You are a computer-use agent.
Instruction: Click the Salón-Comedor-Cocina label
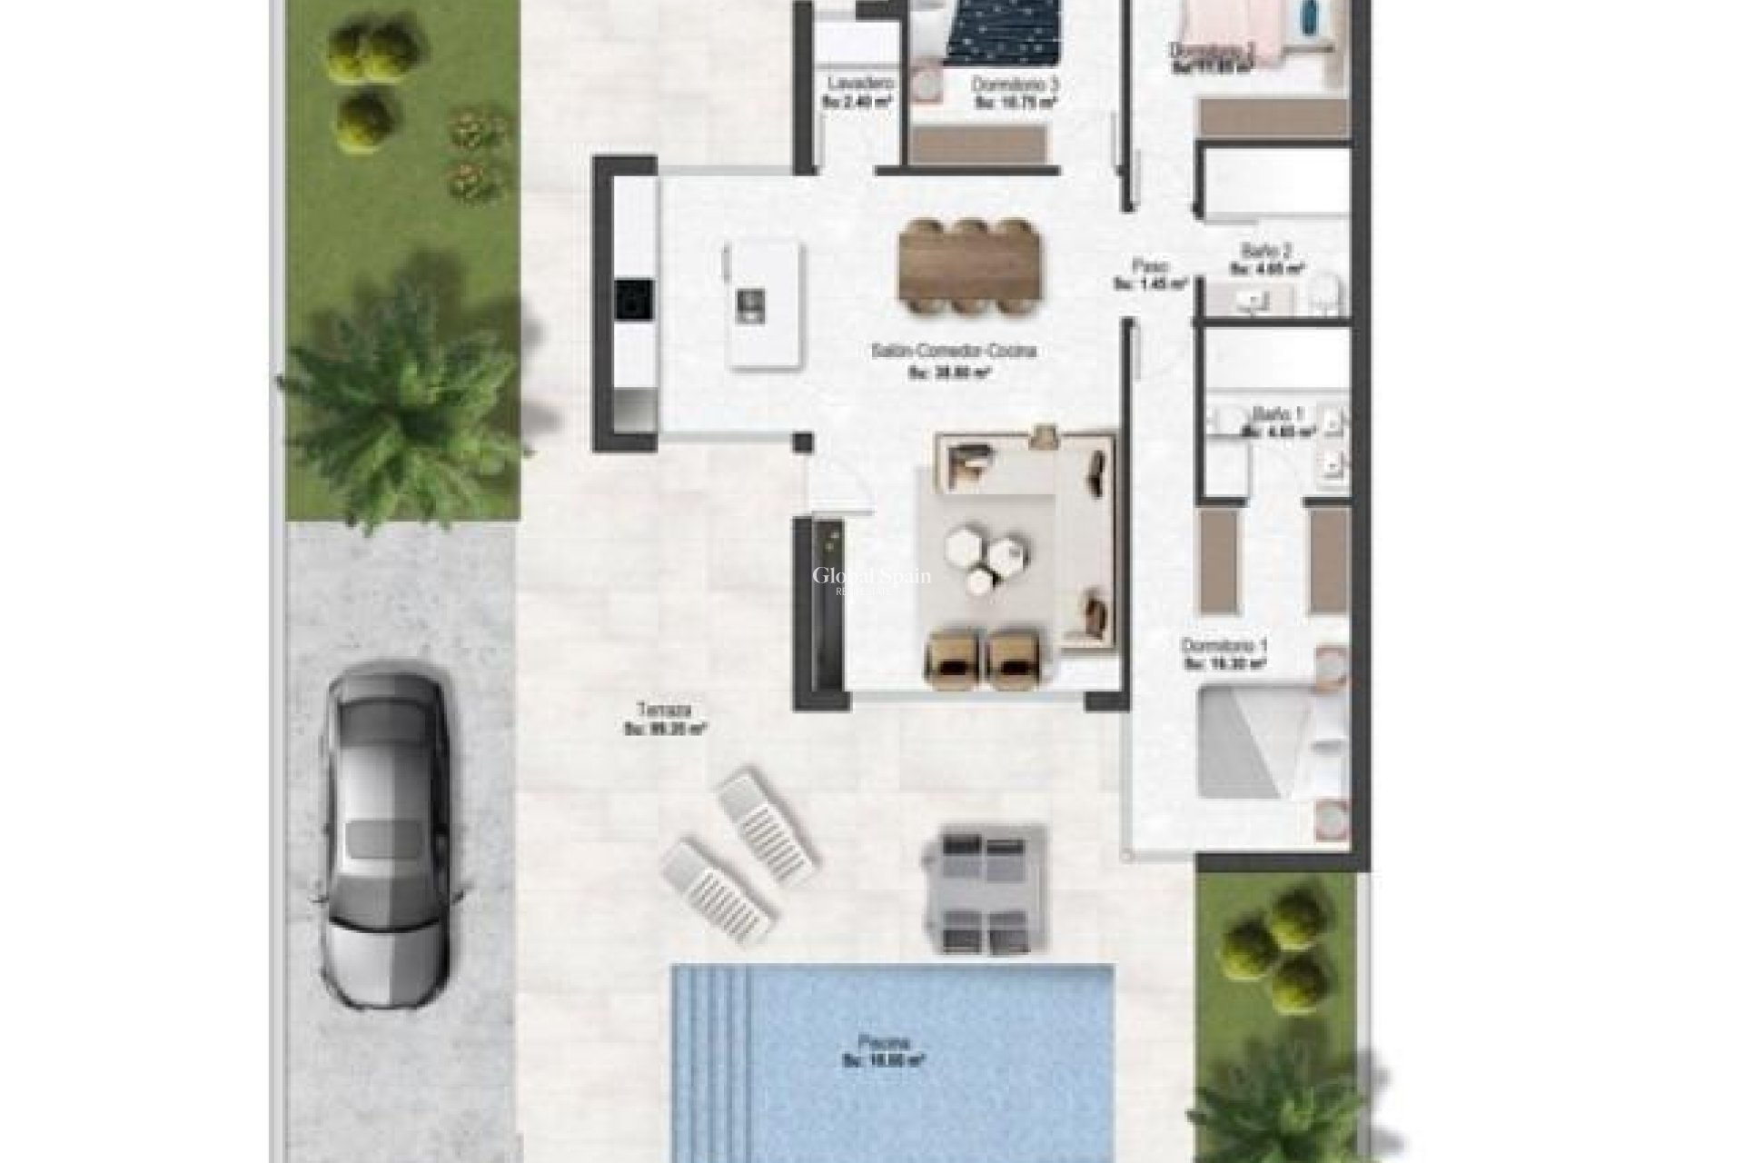(x=953, y=351)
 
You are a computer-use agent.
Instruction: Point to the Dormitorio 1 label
(x=1224, y=645)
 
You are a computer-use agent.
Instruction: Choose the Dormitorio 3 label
(x=1016, y=84)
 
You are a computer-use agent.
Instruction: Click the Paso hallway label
(x=1149, y=265)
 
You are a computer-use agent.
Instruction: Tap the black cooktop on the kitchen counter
(x=633, y=298)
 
